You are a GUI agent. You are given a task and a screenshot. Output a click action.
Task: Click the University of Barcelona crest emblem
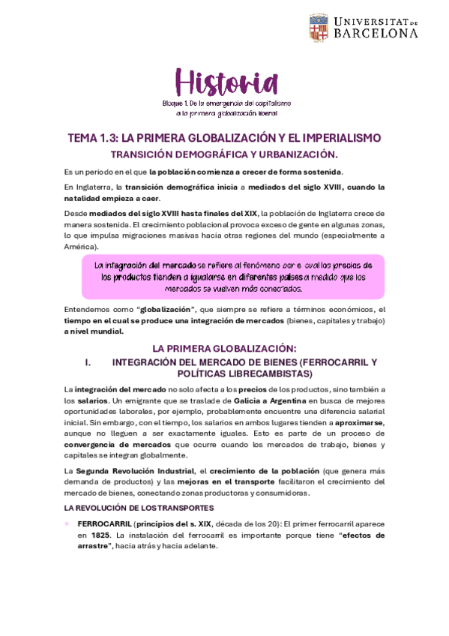click(318, 27)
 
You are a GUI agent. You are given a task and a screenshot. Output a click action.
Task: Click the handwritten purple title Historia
click(226, 81)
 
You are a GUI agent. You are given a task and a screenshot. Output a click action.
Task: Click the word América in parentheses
click(80, 246)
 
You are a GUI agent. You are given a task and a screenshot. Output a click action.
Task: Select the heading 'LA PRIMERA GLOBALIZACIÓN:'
click(224, 348)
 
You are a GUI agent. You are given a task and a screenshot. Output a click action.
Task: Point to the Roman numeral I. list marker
click(88, 361)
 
